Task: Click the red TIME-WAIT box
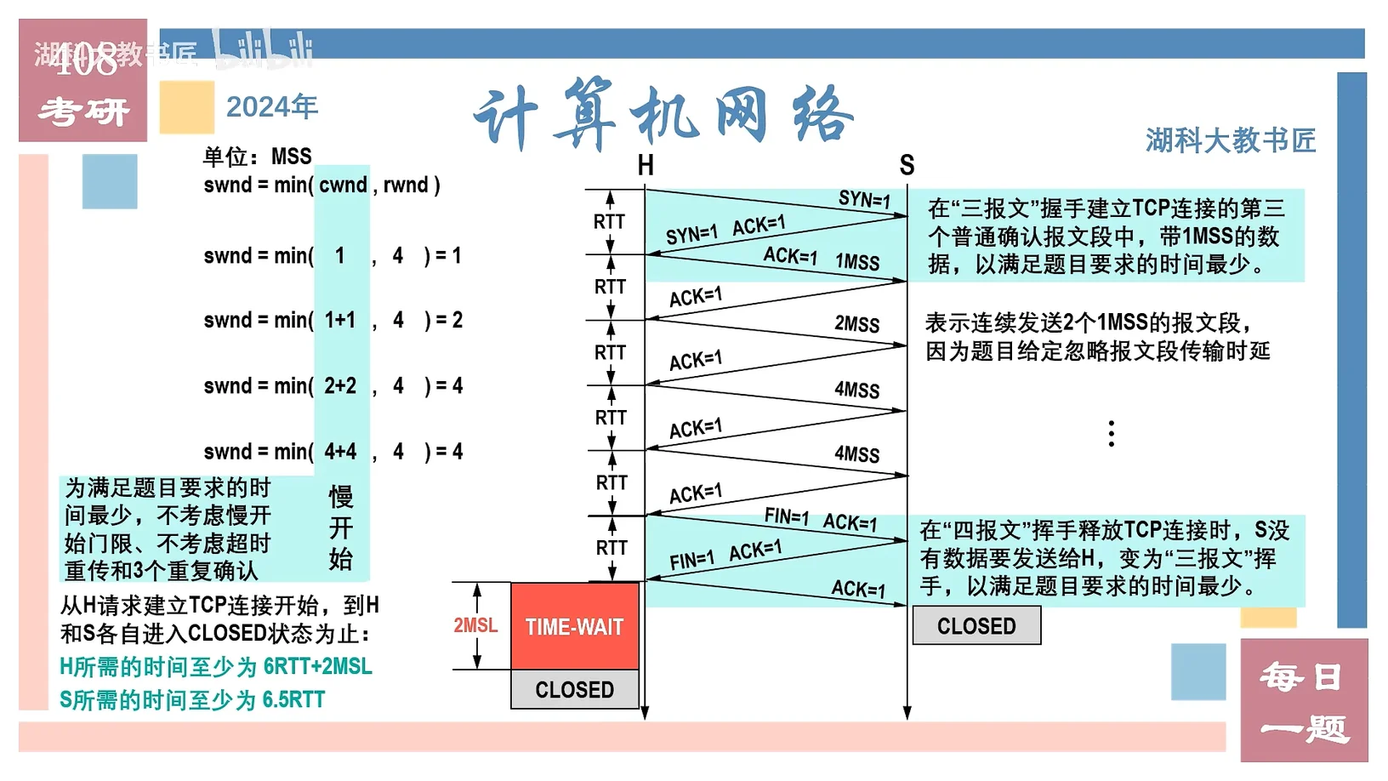[574, 626]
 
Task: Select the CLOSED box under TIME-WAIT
[574, 689]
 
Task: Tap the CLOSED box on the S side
[976, 625]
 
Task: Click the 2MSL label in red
[475, 625]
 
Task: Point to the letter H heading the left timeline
[646, 165]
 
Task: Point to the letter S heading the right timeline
[907, 165]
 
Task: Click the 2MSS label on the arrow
[856, 324]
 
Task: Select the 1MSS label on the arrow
[856, 262]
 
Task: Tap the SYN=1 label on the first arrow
[863, 199]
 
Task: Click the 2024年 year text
[271, 107]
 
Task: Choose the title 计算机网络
[663, 115]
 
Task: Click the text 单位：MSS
[257, 157]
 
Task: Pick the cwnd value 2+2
[340, 385]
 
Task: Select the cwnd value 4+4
[340, 451]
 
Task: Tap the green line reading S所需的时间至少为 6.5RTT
[192, 699]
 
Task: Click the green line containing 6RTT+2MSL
[216, 666]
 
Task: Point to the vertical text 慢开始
[341, 527]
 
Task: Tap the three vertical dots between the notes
[1111, 433]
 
